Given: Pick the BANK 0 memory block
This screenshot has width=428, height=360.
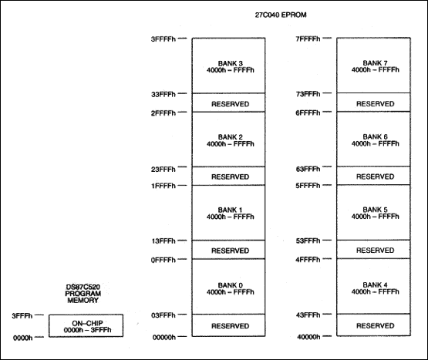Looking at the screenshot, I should (x=230, y=288).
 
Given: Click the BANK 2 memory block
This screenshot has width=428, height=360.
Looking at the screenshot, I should (x=230, y=140).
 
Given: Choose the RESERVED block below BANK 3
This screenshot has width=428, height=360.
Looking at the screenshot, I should (x=230, y=103).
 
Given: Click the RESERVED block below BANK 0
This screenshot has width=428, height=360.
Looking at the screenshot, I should (x=230, y=325).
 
